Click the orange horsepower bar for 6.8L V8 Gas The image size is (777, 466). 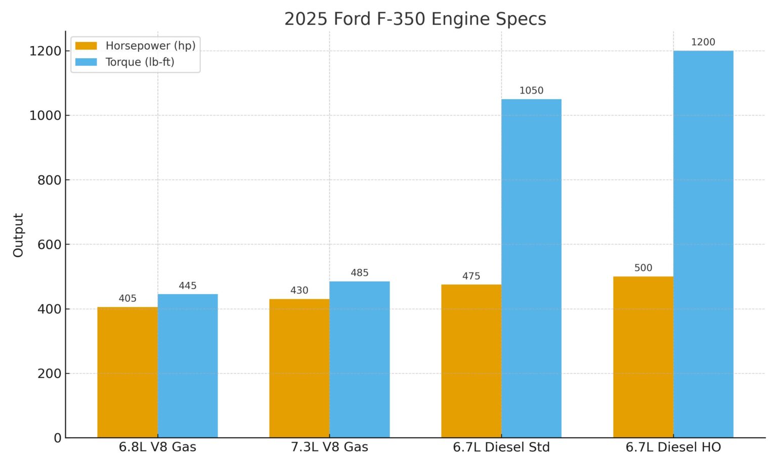[x=127, y=372]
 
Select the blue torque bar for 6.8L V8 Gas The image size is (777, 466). [x=188, y=366]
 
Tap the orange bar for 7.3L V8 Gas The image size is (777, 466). [x=299, y=368]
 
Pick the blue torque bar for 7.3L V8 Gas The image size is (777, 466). [x=360, y=359]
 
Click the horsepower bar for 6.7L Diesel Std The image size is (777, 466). [x=471, y=361]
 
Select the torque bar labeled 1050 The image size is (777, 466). [x=531, y=268]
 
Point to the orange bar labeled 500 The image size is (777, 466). [x=643, y=357]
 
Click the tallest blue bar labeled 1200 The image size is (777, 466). [x=703, y=244]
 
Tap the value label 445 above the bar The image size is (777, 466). [x=188, y=286]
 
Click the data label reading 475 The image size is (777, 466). [x=471, y=276]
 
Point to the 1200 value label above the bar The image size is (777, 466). [x=703, y=42]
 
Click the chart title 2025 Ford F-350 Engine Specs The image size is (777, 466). [x=415, y=19]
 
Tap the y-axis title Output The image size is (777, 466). [x=18, y=235]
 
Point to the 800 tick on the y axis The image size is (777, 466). [x=49, y=180]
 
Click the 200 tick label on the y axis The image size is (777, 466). [x=49, y=374]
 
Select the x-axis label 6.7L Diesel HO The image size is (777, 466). [x=673, y=447]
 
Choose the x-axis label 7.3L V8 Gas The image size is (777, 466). [x=329, y=447]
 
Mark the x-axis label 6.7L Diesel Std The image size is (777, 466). [x=501, y=447]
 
